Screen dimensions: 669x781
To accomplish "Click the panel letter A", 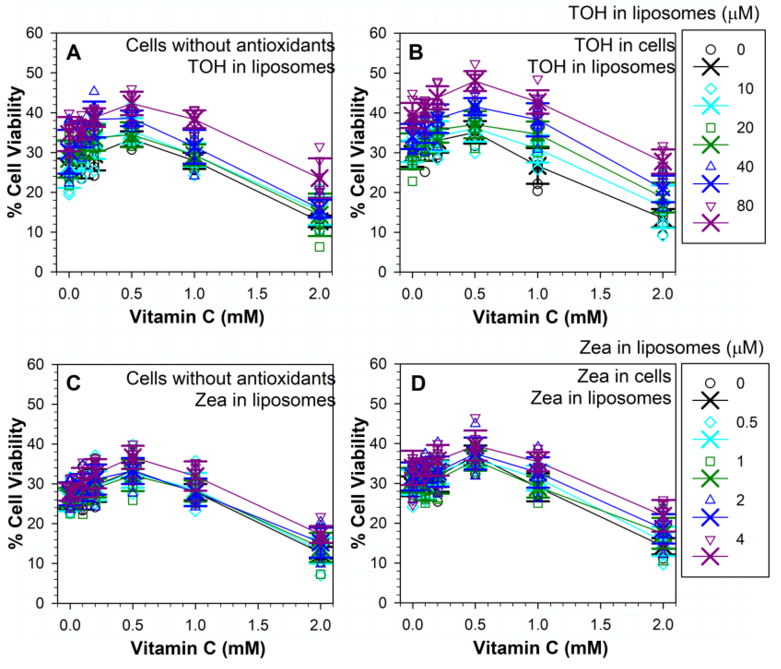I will coord(73,53).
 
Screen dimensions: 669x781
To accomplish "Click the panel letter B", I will coord(416,53).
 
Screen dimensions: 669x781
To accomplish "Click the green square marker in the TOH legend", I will coord(710,128).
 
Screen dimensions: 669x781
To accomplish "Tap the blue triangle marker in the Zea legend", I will coord(710,500).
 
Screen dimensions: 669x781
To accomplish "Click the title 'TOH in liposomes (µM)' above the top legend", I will coord(663,14).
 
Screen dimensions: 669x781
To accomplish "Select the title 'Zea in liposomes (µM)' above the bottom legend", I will coord(671,347).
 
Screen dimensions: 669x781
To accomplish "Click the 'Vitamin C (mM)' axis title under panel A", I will coord(197,317).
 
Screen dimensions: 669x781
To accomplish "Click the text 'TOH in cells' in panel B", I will coord(624,46).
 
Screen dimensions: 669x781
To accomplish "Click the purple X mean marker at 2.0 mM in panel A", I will coord(320,177).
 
